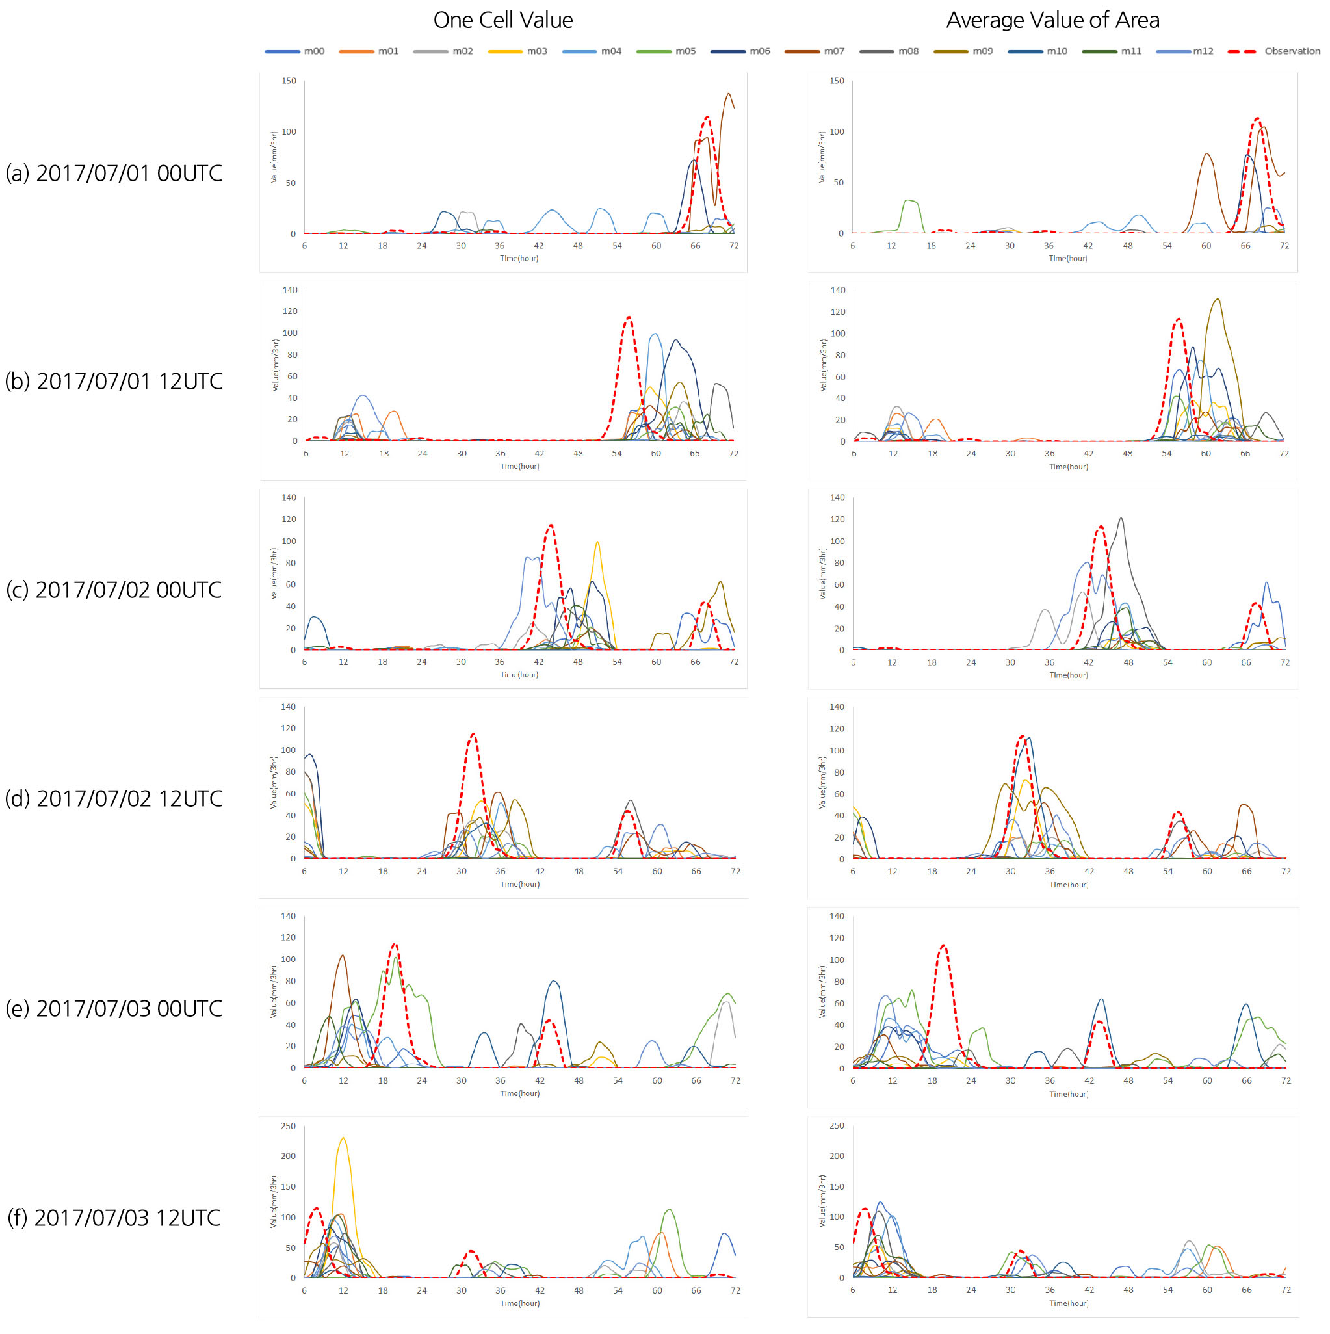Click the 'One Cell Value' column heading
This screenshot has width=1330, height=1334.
coord(502,20)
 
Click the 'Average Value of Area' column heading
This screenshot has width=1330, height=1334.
coord(1052,20)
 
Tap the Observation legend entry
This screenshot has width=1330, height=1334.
coord(1274,51)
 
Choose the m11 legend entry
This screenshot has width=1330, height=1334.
coord(1111,51)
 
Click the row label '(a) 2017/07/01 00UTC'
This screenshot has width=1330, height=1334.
coord(114,173)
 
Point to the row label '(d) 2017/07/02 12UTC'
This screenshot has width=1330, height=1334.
coord(114,798)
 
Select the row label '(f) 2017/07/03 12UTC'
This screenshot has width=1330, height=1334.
coord(114,1218)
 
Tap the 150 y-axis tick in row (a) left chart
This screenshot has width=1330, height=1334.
coord(289,81)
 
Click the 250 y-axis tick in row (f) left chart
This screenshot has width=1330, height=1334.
coord(288,1126)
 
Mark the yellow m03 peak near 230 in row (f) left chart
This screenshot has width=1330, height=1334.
coord(343,1138)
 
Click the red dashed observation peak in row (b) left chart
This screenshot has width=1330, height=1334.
coord(629,319)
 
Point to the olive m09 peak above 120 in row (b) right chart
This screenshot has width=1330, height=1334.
coord(1217,300)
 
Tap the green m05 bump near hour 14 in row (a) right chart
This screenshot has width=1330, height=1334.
coord(910,201)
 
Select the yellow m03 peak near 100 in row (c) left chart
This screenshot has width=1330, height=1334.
coord(597,542)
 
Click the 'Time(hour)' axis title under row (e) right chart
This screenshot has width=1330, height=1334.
coord(1068,1093)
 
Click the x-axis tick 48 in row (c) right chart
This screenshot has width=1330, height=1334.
coord(1128,662)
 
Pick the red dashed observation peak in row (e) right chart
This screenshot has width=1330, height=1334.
coord(943,946)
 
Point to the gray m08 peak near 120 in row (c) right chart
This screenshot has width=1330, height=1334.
coord(1121,519)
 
